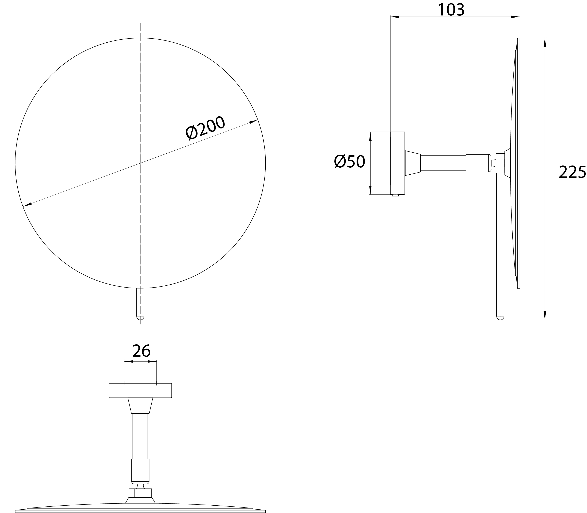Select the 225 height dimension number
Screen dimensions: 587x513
(x=572, y=172)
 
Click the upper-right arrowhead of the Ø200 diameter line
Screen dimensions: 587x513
(x=253, y=122)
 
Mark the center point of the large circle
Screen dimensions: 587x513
(x=140, y=163)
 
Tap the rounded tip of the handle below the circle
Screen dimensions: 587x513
(x=140, y=318)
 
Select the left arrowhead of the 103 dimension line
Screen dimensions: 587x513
(x=395, y=17)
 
